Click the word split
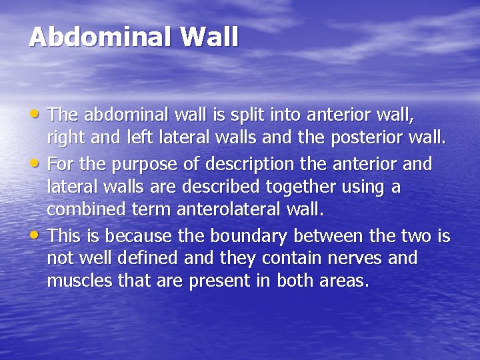click(247, 116)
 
